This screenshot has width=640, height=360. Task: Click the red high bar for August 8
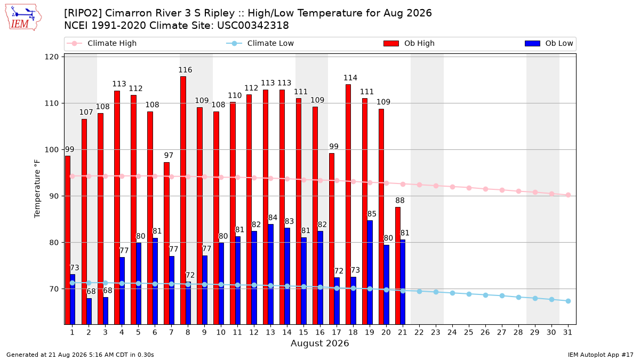tap(183, 201)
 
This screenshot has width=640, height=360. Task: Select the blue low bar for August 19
tap(370, 273)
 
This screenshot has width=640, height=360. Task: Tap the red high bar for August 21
tap(398, 266)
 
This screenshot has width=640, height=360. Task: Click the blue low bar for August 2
tap(89, 311)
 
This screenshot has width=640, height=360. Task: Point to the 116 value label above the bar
tap(185, 70)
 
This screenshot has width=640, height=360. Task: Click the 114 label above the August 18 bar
tap(350, 78)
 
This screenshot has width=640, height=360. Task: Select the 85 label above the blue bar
tap(372, 214)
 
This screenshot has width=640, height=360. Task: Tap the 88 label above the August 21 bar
tap(399, 201)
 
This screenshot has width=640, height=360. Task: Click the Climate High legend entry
tap(101, 43)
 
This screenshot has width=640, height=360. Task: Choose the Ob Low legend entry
tap(549, 43)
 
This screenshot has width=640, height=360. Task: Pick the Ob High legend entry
tap(409, 43)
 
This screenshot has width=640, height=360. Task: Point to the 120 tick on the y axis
tap(51, 57)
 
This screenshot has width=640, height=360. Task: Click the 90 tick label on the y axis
tap(54, 196)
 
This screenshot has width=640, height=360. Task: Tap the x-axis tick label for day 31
tap(567, 332)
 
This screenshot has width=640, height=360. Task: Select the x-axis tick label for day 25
tap(469, 332)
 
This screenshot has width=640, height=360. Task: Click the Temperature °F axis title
tap(37, 189)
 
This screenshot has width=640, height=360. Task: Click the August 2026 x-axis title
tap(319, 343)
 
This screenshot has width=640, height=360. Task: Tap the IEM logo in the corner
tap(23, 18)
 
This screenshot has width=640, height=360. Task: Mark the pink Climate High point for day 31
tap(568, 195)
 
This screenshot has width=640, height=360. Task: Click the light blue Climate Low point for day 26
tap(485, 295)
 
